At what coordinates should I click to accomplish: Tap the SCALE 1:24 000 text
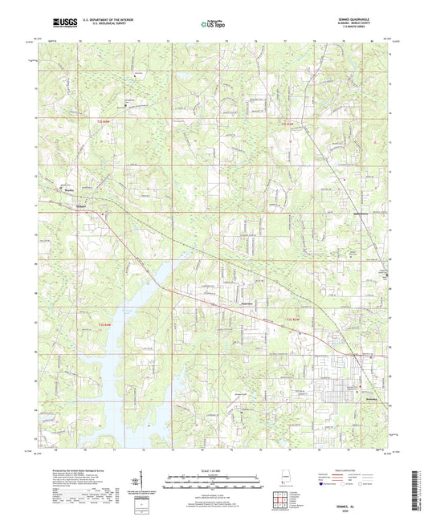coord(214,470)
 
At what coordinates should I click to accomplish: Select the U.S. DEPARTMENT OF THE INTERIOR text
coord(100,22)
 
